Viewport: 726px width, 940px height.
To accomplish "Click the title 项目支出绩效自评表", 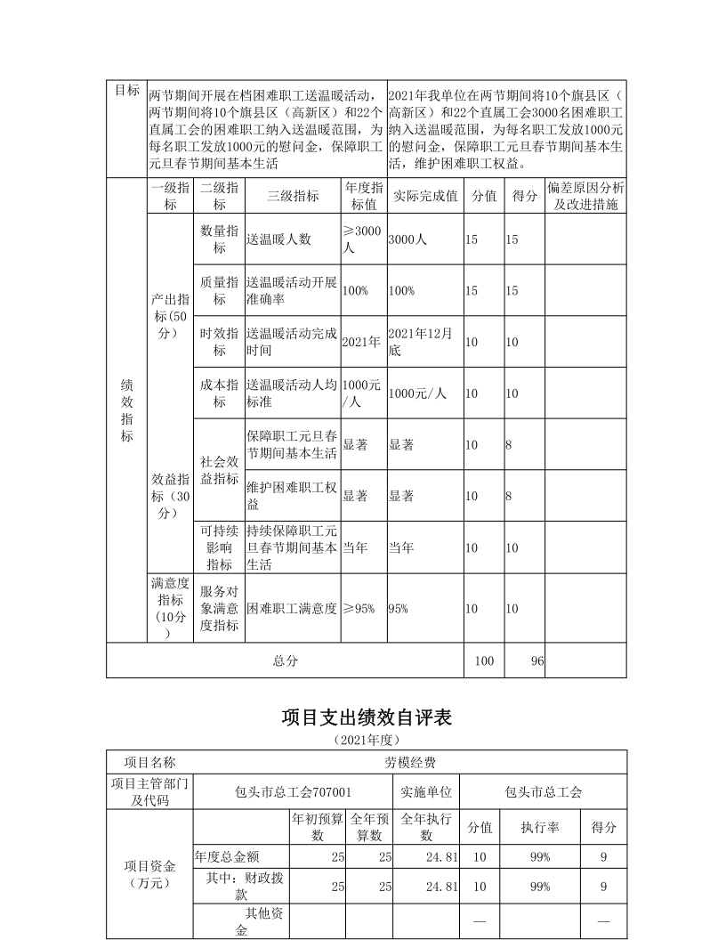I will click(x=367, y=716).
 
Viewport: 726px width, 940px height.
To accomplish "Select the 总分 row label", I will click(x=285, y=661).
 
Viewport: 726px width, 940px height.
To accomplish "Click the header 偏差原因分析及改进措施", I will click(x=585, y=196).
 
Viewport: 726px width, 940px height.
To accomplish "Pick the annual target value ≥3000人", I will click(x=362, y=239).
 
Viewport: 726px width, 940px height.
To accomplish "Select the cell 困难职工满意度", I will click(x=292, y=609).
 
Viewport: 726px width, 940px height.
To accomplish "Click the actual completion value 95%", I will click(x=399, y=609).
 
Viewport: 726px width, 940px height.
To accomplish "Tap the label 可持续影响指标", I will click(x=219, y=547).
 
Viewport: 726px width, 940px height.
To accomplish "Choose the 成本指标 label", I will click(x=219, y=393).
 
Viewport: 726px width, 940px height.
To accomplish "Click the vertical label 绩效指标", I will click(x=126, y=411).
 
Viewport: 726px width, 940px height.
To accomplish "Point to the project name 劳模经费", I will click(x=409, y=763).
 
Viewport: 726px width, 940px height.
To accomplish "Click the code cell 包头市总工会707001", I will click(x=293, y=791).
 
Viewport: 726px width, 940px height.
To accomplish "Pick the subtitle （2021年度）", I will click(x=367, y=739).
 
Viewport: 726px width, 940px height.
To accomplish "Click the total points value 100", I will click(x=484, y=661).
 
